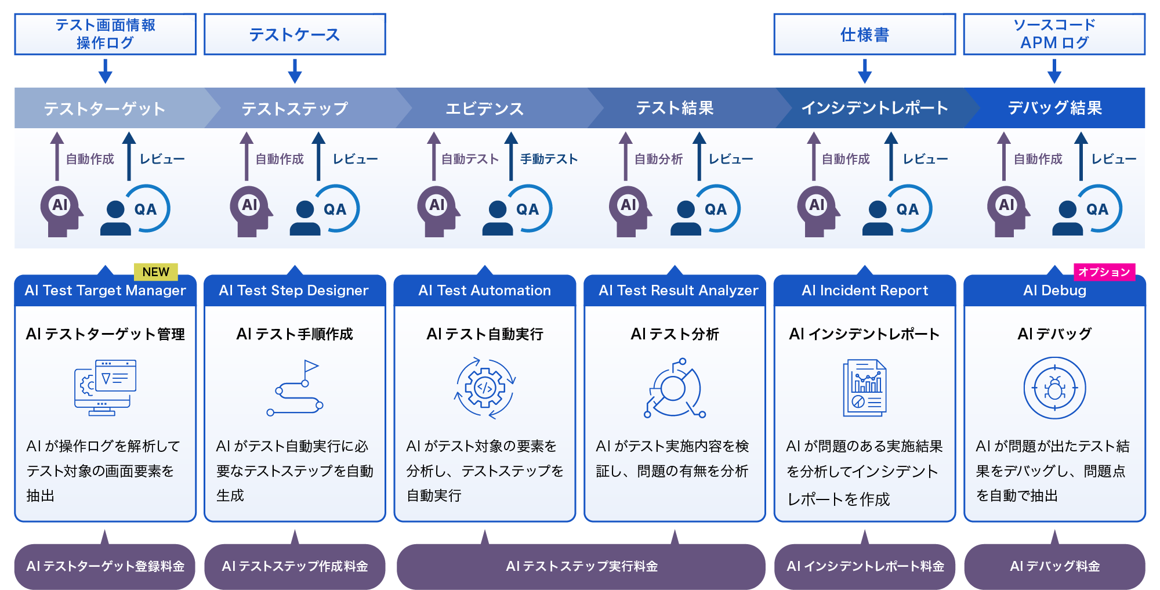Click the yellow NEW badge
155,272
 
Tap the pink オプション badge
1104,272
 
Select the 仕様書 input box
864,35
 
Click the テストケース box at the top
295,35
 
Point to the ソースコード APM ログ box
1054,34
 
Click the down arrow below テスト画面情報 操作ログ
105,71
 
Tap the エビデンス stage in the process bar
484,108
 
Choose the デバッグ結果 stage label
1054,108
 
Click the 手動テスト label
549,159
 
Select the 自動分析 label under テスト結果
658,159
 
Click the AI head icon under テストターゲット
61,210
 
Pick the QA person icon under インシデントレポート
896,209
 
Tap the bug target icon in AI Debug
1054,388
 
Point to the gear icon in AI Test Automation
485,388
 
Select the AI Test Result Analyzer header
678,291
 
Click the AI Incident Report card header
864,291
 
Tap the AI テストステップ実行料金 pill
581,566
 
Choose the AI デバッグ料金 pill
1054,566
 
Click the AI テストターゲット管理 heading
106,334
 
